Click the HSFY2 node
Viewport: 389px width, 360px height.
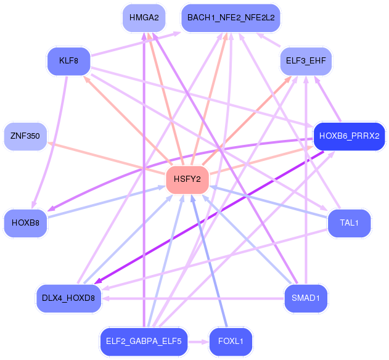187,179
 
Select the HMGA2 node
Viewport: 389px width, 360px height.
143,18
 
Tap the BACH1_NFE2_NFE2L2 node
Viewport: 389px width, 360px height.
231,18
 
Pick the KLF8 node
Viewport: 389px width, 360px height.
68,61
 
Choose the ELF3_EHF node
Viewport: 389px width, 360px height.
306,60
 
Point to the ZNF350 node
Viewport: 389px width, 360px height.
25,137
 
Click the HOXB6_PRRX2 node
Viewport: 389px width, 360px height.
349,136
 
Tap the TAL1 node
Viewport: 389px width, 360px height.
349,223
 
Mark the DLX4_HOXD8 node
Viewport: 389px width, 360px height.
68,298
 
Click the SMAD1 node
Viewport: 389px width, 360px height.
306,298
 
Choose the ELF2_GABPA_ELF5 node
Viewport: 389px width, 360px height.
143,341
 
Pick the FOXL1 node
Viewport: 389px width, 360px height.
231,341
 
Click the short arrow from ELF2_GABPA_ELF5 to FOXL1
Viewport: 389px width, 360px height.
197,341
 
